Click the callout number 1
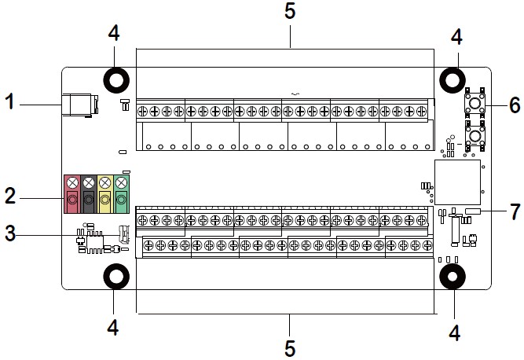(x=10, y=101)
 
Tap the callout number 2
(x=10, y=196)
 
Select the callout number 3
(x=10, y=233)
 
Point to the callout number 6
(x=515, y=105)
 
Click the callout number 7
(x=515, y=211)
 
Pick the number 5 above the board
(x=290, y=11)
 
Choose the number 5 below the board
(x=290, y=349)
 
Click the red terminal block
(x=72, y=194)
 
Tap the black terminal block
(x=89, y=194)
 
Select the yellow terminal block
(x=105, y=194)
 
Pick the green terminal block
(x=121, y=194)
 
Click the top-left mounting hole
(x=116, y=80)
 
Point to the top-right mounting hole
(x=453, y=80)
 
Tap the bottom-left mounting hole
(x=116, y=277)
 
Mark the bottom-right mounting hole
(x=453, y=277)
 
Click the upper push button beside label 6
(x=475, y=103)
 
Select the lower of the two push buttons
(x=475, y=136)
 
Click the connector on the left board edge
(x=80, y=105)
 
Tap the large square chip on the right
(x=457, y=182)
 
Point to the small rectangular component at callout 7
(x=473, y=211)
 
